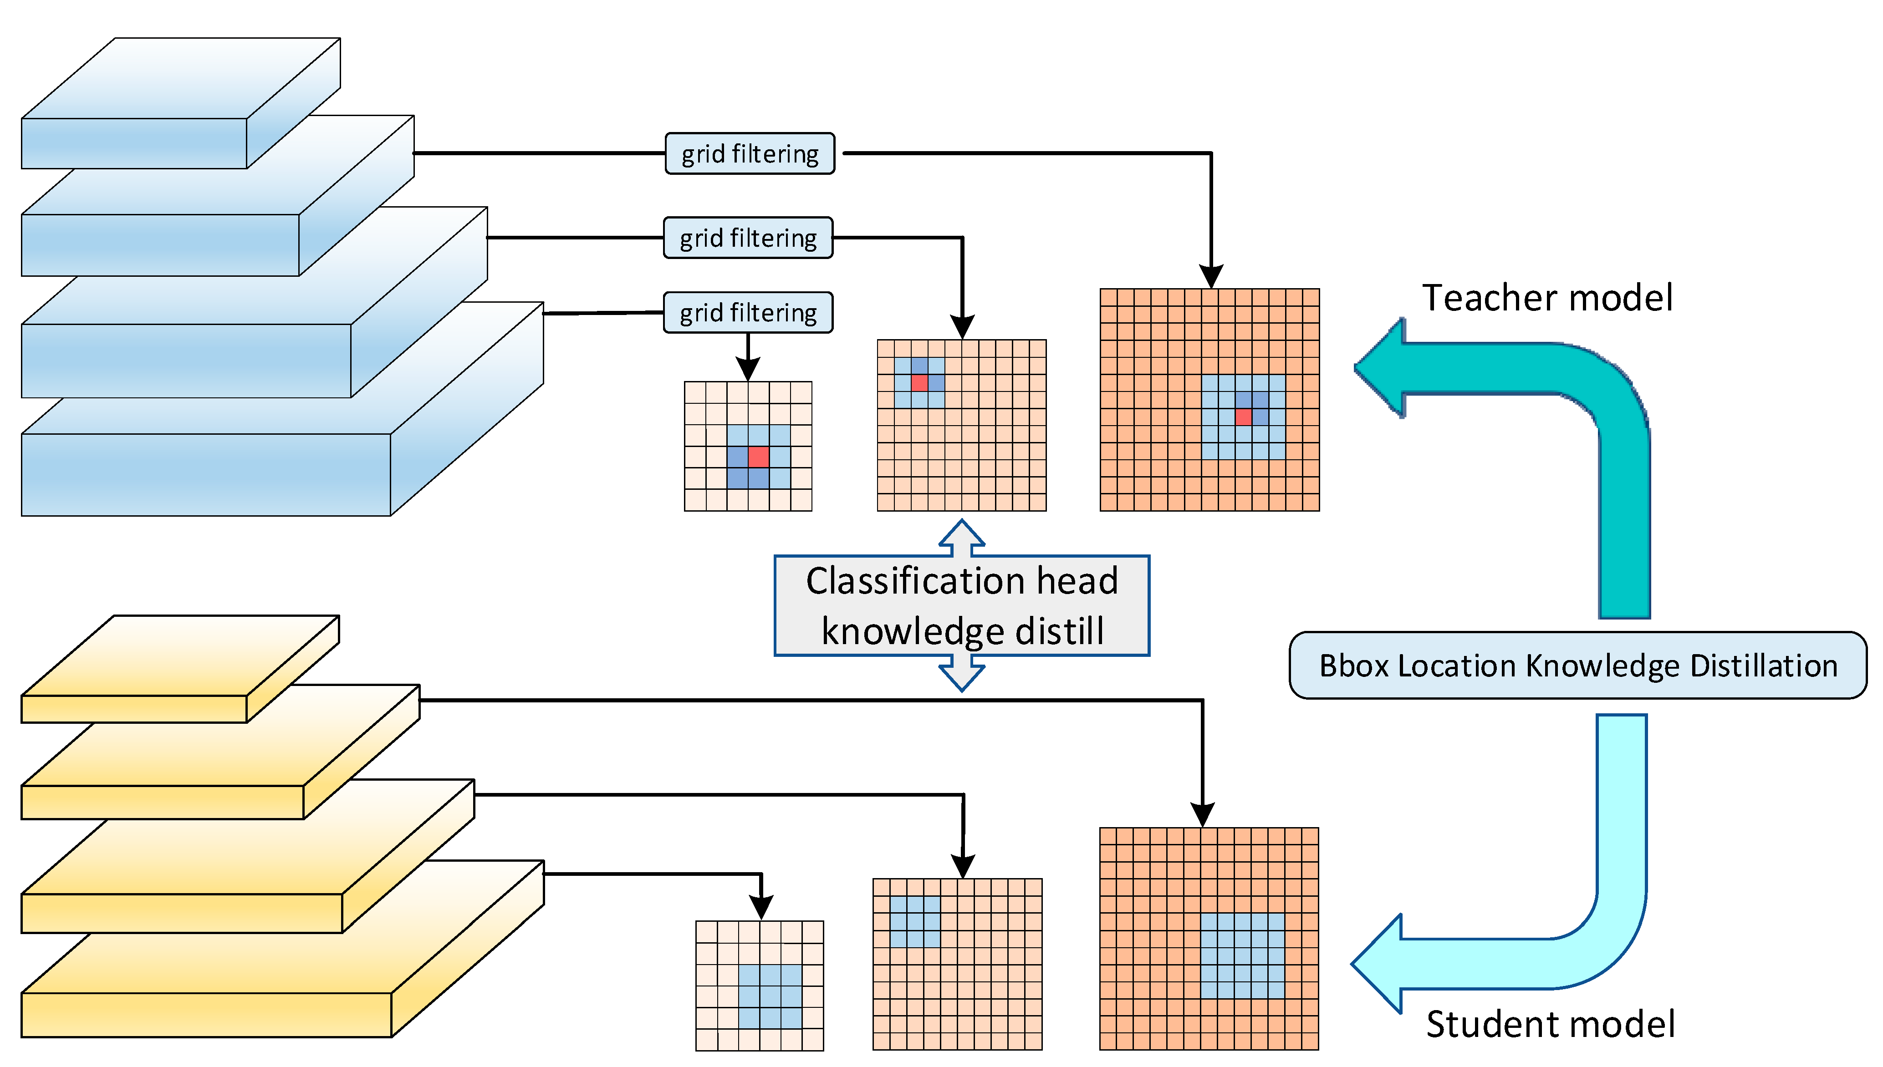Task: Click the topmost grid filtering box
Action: (749, 154)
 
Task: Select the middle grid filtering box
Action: (748, 238)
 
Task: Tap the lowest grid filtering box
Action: (748, 313)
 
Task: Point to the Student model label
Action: (1550, 1024)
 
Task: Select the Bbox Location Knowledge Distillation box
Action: (1577, 666)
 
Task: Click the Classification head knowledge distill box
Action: (962, 605)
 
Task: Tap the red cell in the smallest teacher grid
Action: (759, 457)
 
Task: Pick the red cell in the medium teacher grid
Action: (919, 382)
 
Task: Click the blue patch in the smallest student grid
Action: (770, 996)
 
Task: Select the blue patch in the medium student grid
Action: (915, 922)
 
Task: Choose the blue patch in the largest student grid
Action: (1242, 955)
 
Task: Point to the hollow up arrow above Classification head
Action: (962, 536)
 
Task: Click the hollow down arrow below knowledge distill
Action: (962, 674)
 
